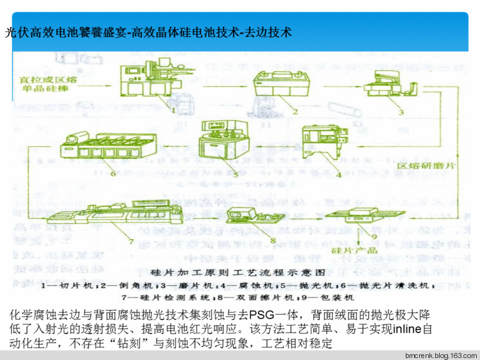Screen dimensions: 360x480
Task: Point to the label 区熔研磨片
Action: click(x=425, y=166)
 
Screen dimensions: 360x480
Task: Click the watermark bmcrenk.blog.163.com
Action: click(x=441, y=354)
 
